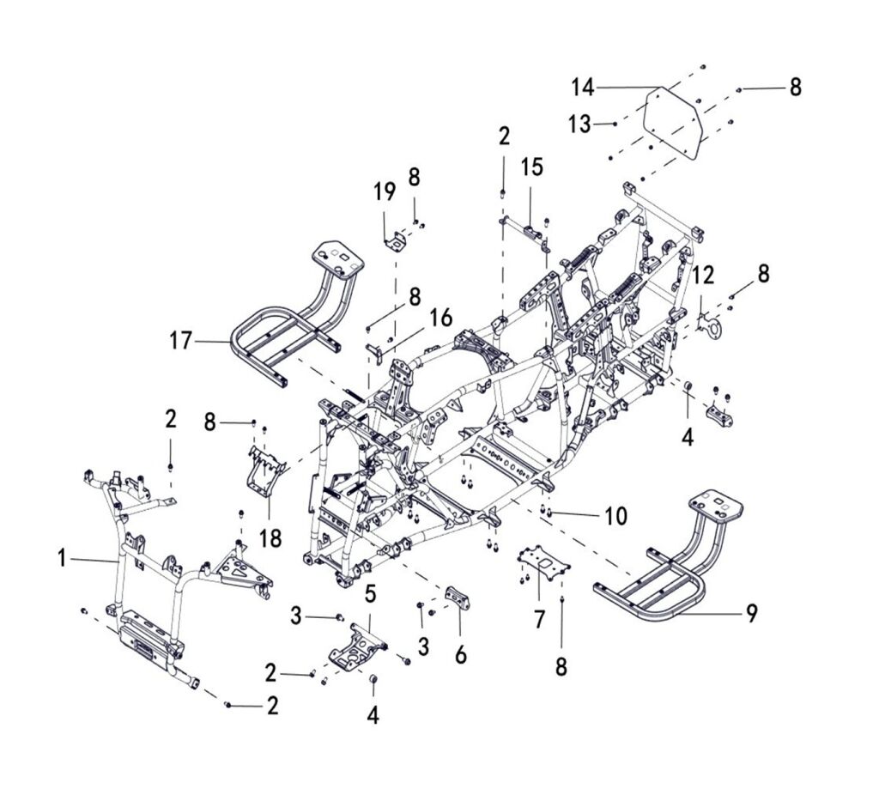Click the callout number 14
pos(583,88)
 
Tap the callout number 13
pos(579,124)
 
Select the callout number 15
pos(531,167)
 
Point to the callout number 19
pos(385,192)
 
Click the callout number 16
pos(441,318)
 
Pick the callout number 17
pos(180,341)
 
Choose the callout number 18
pos(270,538)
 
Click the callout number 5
pos(371,594)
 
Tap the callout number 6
pos(461,654)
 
